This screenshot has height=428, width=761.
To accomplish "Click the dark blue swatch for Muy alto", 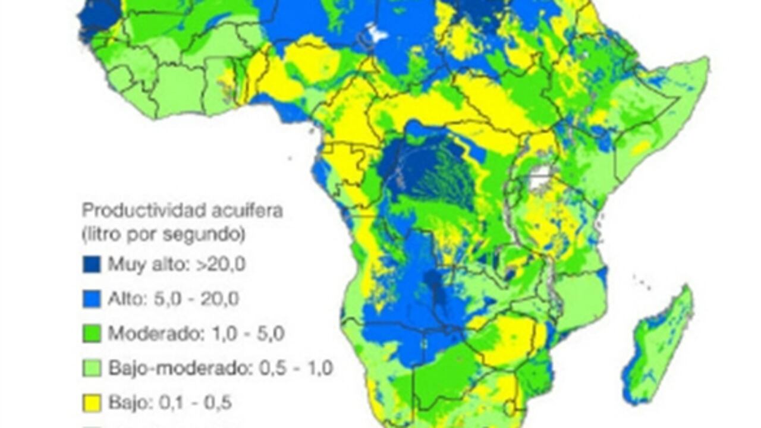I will pyautogui.click(x=92, y=264).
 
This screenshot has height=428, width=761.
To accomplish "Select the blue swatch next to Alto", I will pyautogui.click(x=92, y=298).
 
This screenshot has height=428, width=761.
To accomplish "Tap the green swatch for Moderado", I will pyautogui.click(x=92, y=333).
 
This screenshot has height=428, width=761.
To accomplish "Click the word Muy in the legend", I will pyautogui.click(x=121, y=265).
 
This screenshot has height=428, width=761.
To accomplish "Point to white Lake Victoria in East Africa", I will pyautogui.click(x=539, y=177).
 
